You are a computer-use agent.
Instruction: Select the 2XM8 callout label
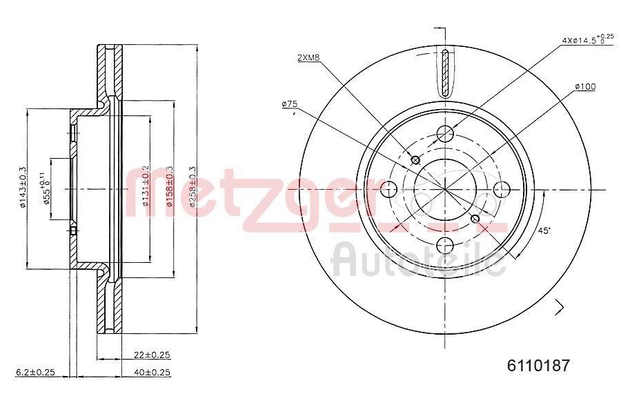coord(308,58)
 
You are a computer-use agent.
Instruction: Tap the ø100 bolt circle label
coord(584,86)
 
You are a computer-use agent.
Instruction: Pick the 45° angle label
coord(544,231)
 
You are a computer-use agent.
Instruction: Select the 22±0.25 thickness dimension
coord(152,355)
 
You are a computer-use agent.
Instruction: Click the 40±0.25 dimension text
coord(152,372)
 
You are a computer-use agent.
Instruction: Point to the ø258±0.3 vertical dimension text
coord(193,187)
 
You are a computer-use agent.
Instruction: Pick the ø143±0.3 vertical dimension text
coord(22,187)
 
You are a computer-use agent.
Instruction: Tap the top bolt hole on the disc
coord(446,134)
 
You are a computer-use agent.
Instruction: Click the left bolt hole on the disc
coord(390,188)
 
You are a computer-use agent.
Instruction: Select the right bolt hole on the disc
coord(502,188)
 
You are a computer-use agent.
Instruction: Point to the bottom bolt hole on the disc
coord(446,244)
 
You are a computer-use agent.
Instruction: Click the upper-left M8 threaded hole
coord(415,160)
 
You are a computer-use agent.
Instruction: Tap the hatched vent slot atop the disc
coord(446,74)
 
